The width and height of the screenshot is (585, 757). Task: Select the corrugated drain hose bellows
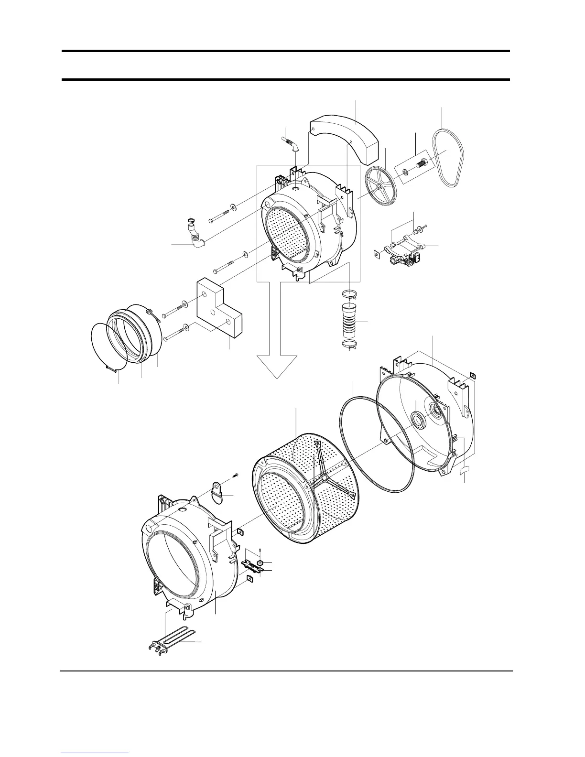pos(351,320)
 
